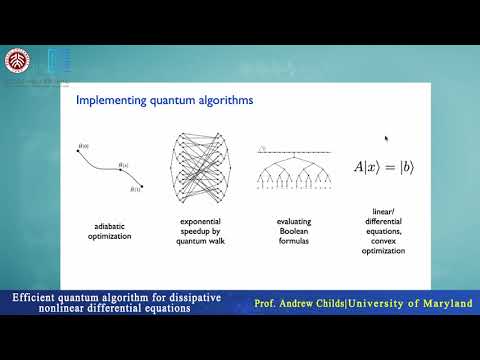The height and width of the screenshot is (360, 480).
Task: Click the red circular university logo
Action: coord(17,61)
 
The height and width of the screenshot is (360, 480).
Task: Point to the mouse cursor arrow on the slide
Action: coord(386,139)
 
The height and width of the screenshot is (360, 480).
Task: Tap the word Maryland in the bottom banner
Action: coord(441,303)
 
